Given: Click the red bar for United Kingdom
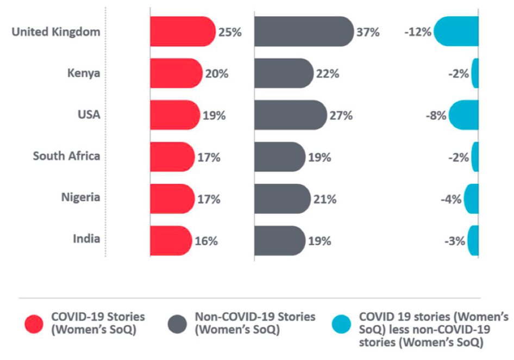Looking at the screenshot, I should pos(182,32).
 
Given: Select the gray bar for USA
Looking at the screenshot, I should pos(290,115).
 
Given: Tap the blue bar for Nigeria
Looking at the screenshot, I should pos(471,199).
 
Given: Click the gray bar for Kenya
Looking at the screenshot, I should pos(283,73).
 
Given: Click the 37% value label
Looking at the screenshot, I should pos(368,32).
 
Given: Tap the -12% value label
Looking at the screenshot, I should pos(418,32).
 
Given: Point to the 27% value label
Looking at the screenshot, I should pos(341,116).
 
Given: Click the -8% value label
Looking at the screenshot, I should pos(436,116).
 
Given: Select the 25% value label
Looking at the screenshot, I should pos(230,32).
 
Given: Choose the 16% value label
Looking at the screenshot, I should pos(206,241).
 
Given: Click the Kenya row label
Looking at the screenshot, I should pos(84,73).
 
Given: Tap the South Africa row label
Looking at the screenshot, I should pos(66,157).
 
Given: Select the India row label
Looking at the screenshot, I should pos(86,239).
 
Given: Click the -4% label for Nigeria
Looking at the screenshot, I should pos(451,200).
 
